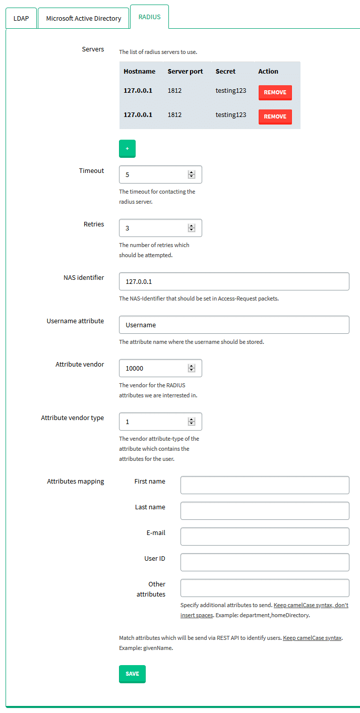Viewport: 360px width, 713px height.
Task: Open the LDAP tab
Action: click(21, 18)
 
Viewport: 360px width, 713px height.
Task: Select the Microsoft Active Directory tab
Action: click(84, 18)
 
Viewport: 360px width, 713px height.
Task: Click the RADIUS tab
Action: click(149, 17)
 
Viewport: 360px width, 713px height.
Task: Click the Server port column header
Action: click(185, 71)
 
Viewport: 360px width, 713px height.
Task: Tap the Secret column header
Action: click(225, 71)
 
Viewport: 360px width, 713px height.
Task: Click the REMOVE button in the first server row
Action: click(275, 92)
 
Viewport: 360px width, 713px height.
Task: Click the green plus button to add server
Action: click(127, 149)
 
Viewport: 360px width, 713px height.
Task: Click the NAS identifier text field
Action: click(234, 281)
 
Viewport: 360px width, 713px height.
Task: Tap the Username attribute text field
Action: click(234, 325)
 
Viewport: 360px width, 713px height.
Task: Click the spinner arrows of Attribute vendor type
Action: click(191, 422)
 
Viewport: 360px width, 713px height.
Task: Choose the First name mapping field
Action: click(265, 485)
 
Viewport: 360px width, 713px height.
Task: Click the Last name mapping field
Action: click(265, 511)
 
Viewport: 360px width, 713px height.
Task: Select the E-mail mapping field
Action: click(265, 537)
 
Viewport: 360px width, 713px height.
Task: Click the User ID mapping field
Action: click(265, 562)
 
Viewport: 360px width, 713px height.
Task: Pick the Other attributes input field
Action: click(265, 588)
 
